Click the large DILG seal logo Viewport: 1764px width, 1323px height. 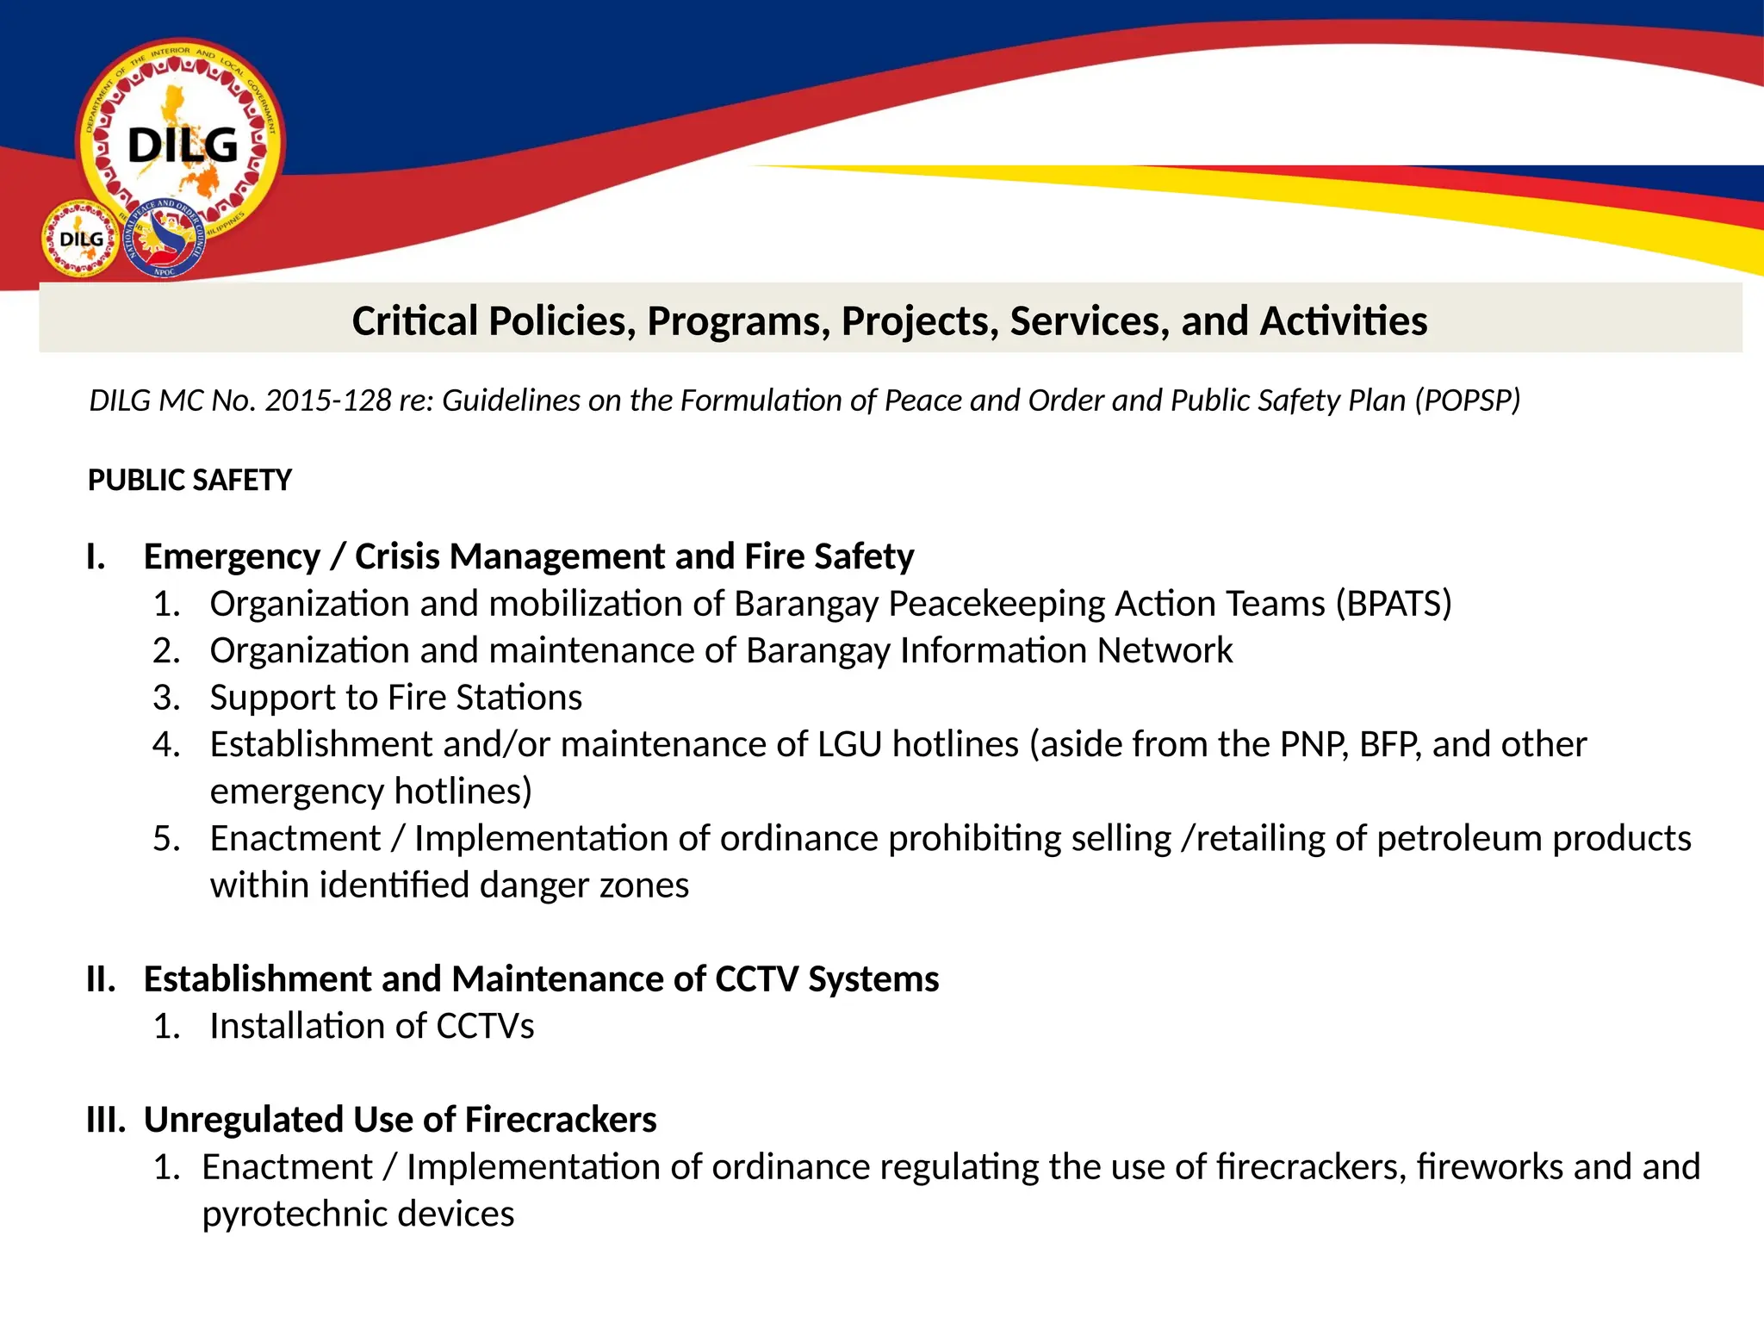[181, 142]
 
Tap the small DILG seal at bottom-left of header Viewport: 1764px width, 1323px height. [80, 239]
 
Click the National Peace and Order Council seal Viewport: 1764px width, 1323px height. [165, 239]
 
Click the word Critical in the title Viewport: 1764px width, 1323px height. [414, 321]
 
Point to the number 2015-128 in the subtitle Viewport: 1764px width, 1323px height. [328, 401]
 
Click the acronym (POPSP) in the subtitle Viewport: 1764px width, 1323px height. [1468, 401]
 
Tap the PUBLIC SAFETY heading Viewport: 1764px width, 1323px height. [189, 480]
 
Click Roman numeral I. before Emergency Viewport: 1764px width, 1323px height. [96, 557]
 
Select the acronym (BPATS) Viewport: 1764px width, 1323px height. [1394, 604]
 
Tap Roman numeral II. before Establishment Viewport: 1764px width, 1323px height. [102, 979]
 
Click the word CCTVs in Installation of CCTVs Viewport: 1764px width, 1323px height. [485, 1027]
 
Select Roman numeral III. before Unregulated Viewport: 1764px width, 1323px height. [106, 1120]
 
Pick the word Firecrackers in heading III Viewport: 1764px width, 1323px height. [561, 1120]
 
